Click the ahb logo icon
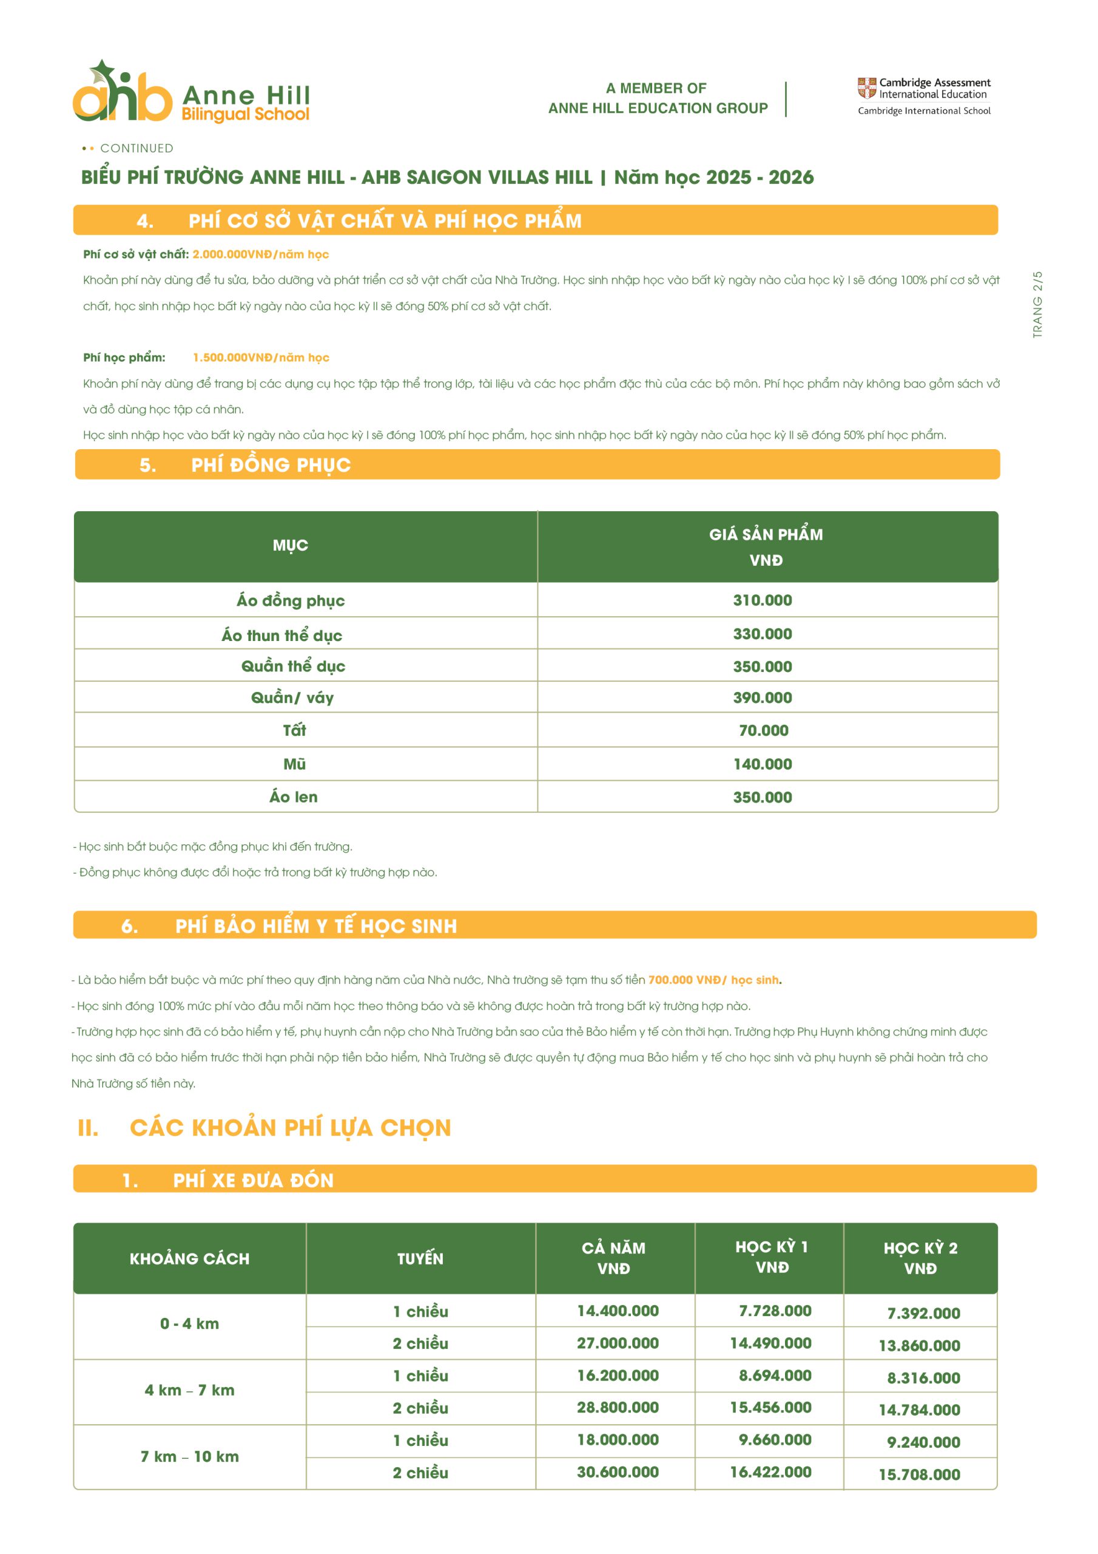click(122, 93)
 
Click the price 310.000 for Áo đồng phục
click(763, 600)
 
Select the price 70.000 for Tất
click(763, 730)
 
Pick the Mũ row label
click(294, 764)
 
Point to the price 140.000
click(763, 764)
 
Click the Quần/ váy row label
click(292, 698)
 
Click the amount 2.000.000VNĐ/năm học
click(260, 254)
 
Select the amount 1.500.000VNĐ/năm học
click(261, 358)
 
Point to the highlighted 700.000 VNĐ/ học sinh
click(713, 979)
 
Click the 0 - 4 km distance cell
click(189, 1323)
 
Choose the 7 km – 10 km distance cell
click(189, 1456)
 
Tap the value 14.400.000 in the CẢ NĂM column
click(618, 1311)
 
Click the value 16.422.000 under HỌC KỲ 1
click(770, 1471)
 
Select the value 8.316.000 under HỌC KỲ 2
click(923, 1377)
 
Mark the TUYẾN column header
click(420, 1258)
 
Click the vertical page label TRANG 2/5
click(1037, 305)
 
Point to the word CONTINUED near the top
click(136, 148)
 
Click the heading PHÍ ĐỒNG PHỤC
click(271, 465)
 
